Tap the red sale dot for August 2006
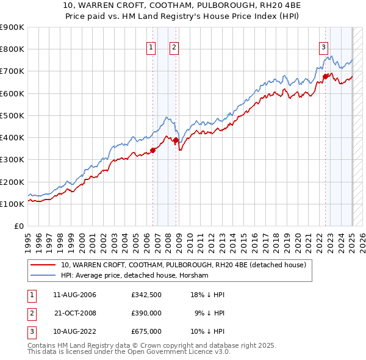153,151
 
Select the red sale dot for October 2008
176,140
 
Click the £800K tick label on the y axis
12,49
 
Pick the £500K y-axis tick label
12,115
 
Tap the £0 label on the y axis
18,226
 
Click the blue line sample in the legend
43,276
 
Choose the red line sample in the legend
43,265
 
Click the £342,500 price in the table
146,295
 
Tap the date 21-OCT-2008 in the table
76,313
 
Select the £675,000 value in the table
146,331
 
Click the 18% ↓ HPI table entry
208,295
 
